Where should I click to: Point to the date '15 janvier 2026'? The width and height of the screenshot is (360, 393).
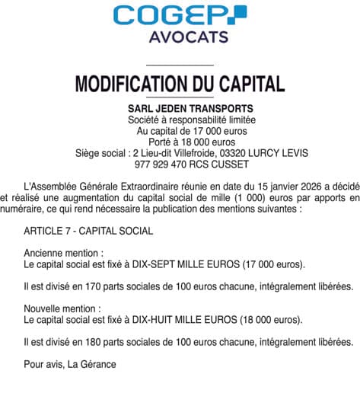pos(258,186)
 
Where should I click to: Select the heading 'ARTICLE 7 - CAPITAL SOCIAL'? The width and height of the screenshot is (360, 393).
pos(88,230)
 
